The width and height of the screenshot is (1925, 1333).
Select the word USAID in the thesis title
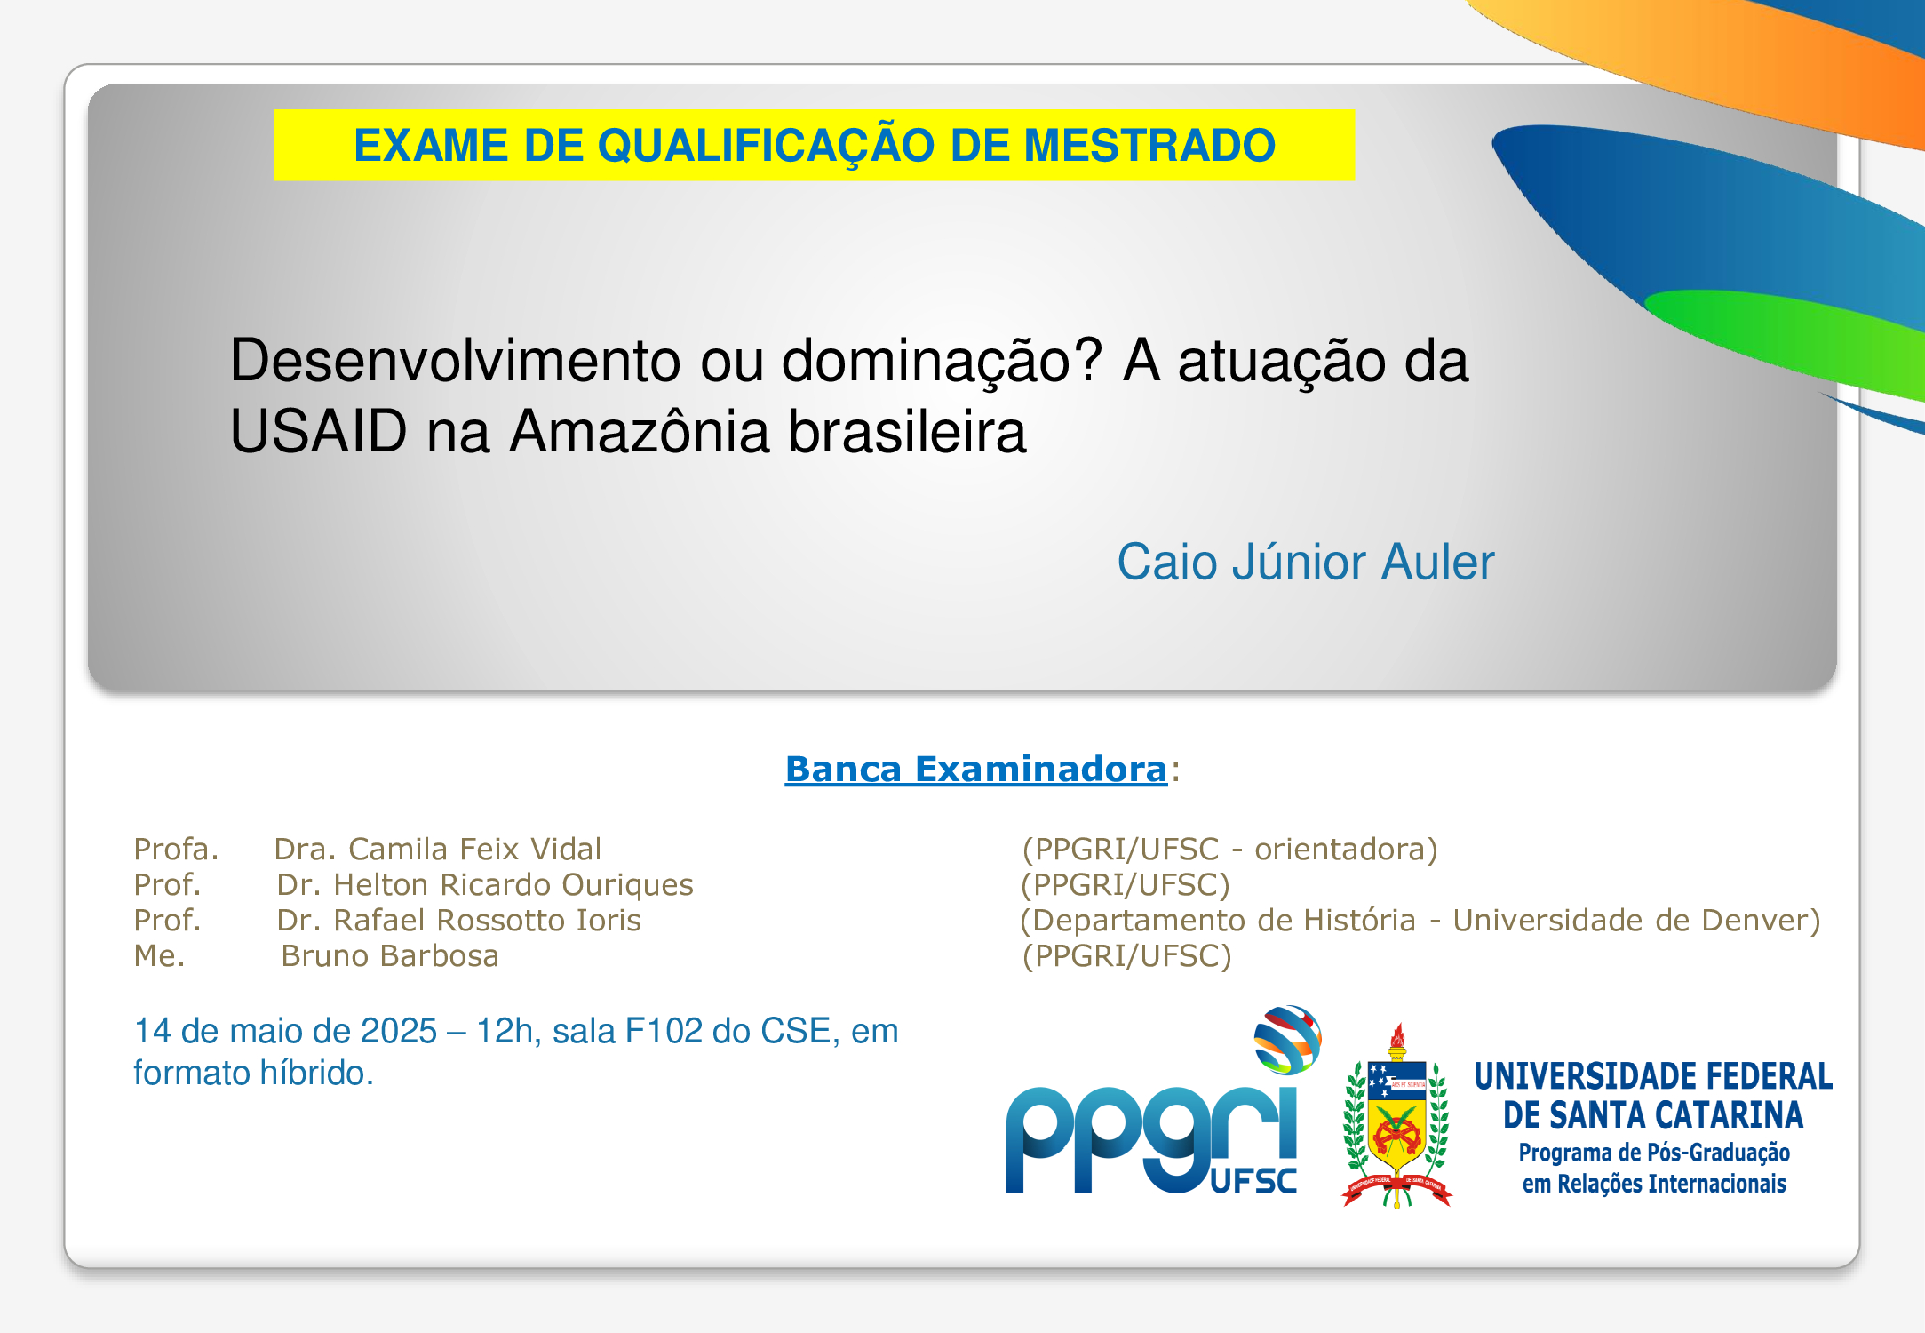point(318,432)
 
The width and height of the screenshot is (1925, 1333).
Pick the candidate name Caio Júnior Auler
point(1305,563)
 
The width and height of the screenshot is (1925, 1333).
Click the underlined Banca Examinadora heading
point(975,770)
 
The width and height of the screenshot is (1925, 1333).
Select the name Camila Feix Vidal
point(475,850)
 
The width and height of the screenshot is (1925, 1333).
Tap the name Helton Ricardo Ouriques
point(513,885)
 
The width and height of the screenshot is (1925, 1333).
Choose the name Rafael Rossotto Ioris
point(487,921)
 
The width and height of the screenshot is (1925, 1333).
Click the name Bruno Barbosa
point(390,956)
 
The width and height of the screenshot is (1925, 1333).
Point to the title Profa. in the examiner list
point(176,850)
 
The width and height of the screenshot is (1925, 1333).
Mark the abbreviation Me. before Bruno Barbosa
point(159,956)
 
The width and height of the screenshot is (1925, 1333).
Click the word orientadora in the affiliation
point(1340,850)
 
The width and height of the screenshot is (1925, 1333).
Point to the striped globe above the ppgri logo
point(1287,1040)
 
